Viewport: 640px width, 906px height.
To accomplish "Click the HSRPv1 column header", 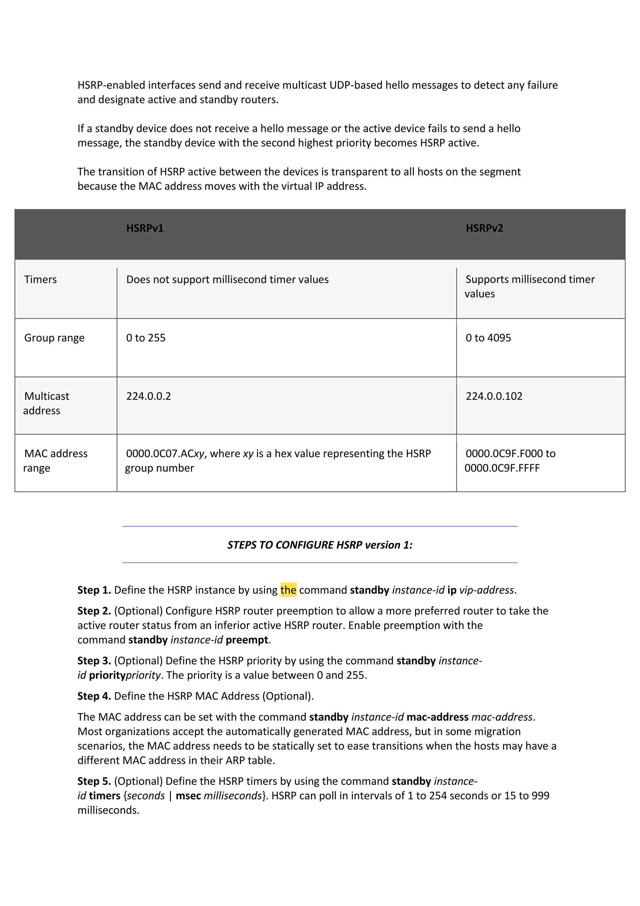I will pyautogui.click(x=145, y=228).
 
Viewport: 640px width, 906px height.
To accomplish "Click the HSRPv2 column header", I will pyautogui.click(x=484, y=228).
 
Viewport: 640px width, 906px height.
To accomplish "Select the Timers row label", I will pyautogui.click(x=41, y=279).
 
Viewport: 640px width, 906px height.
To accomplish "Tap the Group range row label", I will pyautogui.click(x=54, y=338).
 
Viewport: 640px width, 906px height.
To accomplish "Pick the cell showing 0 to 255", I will pyautogui.click(x=146, y=338).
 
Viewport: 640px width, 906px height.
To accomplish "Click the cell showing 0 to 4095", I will pyautogui.click(x=488, y=338).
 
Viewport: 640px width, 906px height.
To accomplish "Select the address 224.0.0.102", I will pyautogui.click(x=494, y=396).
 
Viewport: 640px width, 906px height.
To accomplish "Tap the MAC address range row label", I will pyautogui.click(x=55, y=461).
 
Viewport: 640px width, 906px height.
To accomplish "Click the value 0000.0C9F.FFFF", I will pyautogui.click(x=502, y=468).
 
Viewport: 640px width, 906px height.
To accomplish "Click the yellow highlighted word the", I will pyautogui.click(x=288, y=590).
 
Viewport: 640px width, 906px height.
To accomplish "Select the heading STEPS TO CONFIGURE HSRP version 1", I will pyautogui.click(x=320, y=545).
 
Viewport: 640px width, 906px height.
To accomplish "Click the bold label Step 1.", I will pyautogui.click(x=94, y=590).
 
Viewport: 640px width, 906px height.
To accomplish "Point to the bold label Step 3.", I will pyautogui.click(x=94, y=661).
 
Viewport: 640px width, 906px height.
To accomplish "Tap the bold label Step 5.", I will pyautogui.click(x=94, y=781).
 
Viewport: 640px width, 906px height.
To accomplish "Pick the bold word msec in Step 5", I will pyautogui.click(x=188, y=796).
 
